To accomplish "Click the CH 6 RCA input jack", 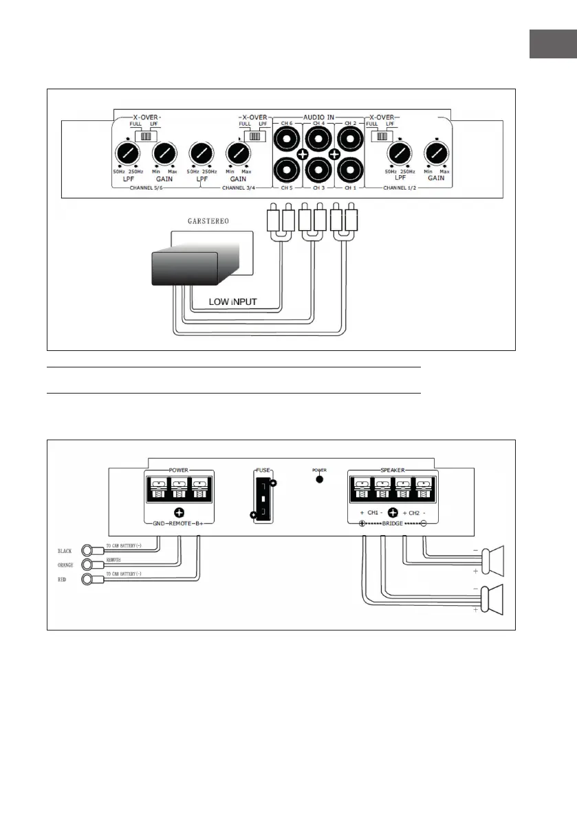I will [286, 140].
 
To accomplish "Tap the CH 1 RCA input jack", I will [349, 169].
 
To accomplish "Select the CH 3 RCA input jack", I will [317, 169].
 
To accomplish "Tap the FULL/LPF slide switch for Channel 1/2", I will [380, 136].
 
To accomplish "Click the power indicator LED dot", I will [319, 478].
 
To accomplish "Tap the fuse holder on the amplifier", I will [263, 497].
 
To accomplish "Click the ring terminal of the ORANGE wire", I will [88, 565].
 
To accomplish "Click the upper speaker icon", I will [492, 559].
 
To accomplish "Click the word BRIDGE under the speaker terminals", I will [392, 523].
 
